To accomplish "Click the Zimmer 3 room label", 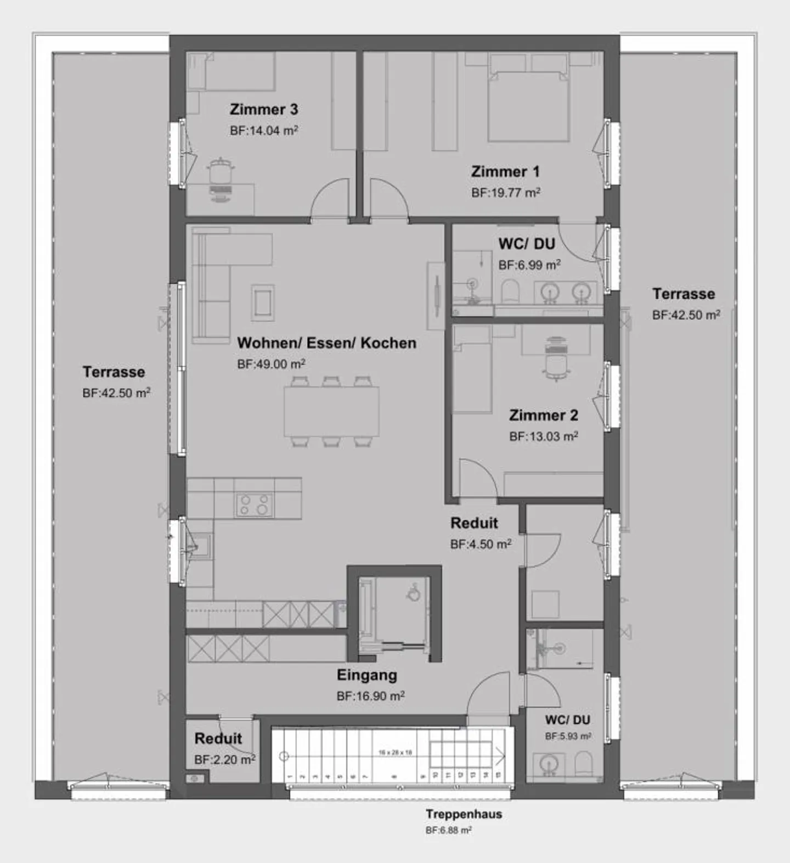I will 263,109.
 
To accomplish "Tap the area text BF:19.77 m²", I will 505,193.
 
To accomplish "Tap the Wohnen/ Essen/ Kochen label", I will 326,343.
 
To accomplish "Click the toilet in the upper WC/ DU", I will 510,291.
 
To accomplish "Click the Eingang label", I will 366,675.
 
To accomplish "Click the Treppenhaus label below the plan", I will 464,814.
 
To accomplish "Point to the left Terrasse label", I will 114,372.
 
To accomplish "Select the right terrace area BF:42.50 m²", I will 686,315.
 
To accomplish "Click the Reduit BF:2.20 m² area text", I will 224,760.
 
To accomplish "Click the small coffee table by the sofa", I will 262,301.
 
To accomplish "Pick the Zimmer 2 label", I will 543,416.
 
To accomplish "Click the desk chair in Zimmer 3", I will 221,175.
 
